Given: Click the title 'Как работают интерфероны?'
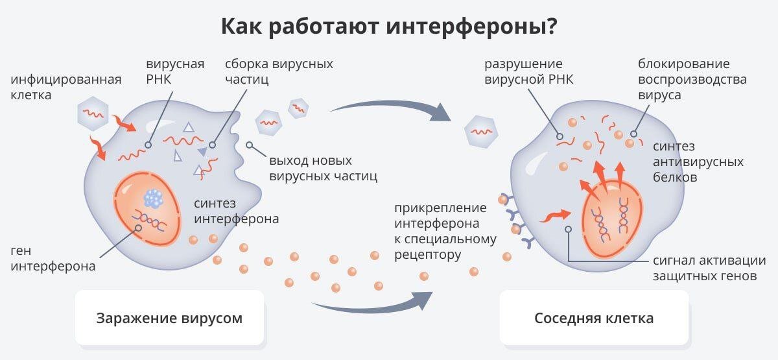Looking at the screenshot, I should click(389, 27).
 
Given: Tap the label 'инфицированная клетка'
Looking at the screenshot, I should click(66, 87).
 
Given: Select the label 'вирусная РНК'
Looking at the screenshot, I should click(175, 71).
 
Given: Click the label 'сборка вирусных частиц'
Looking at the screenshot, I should click(279, 71).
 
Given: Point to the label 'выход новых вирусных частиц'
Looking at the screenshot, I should click(323, 167).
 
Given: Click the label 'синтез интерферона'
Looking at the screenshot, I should click(236, 211).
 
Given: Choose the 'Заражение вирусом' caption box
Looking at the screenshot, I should click(169, 318).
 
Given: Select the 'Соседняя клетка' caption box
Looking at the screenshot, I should click(594, 318).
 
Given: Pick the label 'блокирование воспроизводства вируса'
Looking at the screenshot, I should click(692, 79).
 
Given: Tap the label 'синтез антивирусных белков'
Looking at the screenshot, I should click(698, 162).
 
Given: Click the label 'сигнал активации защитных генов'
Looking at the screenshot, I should click(709, 269).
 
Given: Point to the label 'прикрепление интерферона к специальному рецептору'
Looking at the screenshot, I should click(445, 232).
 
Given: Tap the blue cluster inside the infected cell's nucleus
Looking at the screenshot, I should click(154, 197).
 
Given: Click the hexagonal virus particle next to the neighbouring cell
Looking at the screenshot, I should click(480, 131).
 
